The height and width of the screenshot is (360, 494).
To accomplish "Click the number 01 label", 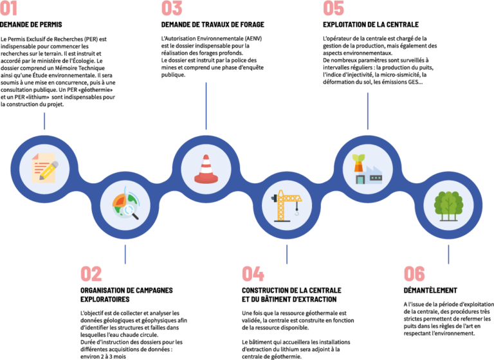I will click(8, 8).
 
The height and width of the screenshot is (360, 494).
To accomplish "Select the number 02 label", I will click(91, 274).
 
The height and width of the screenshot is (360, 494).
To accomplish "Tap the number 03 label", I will click(172, 8).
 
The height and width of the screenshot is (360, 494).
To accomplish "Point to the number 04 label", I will click(253, 274).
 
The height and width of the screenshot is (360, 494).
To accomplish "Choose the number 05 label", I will click(333, 8).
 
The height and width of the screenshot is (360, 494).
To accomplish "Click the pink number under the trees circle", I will click(414, 274).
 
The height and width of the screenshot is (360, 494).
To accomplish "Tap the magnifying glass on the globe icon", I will click(131, 210).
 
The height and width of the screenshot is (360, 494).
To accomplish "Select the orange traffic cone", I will click(206, 170).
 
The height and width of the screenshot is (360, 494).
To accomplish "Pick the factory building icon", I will click(374, 174).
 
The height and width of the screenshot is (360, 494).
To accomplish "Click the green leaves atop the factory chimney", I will click(358, 158).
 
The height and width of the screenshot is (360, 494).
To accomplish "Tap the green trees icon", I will click(448, 204).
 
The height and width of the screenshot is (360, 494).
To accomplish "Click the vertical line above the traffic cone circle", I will click(206, 105).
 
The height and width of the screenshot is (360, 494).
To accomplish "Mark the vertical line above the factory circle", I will click(367, 111).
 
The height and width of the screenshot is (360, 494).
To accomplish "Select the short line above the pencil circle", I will click(44, 121).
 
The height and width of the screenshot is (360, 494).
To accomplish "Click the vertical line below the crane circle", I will click(287, 255).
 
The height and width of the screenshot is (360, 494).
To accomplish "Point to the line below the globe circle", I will click(125, 255).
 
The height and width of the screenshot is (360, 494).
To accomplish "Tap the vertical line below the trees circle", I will click(448, 255).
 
